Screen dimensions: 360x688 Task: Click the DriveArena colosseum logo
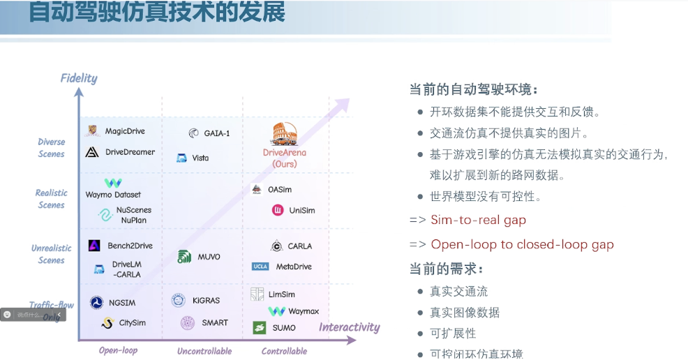pos(284,134)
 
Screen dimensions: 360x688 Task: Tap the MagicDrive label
pos(125,130)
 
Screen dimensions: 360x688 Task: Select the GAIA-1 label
pos(216,133)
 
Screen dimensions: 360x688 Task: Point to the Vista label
pos(200,158)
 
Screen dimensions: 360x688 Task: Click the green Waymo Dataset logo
pos(113,183)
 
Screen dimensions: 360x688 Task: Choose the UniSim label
pos(302,210)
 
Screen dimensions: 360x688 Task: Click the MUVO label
pos(208,257)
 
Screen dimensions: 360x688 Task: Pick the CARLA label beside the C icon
pos(299,246)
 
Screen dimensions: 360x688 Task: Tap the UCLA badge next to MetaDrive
pos(260,267)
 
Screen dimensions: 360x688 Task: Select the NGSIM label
pos(121,303)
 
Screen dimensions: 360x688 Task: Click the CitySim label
pos(133,323)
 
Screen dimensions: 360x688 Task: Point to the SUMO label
pos(283,328)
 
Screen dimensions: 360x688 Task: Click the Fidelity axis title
pos(79,78)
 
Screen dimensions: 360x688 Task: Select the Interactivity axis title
pos(349,327)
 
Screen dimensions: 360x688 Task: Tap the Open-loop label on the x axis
pos(118,350)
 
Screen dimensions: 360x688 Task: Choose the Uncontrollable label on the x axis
pos(204,351)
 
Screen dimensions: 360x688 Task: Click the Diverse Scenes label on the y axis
pos(52,148)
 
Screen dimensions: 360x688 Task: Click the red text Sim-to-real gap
pos(478,220)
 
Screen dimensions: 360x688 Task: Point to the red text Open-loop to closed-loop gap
pos(522,244)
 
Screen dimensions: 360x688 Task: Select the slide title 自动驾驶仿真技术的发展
pos(157,13)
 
